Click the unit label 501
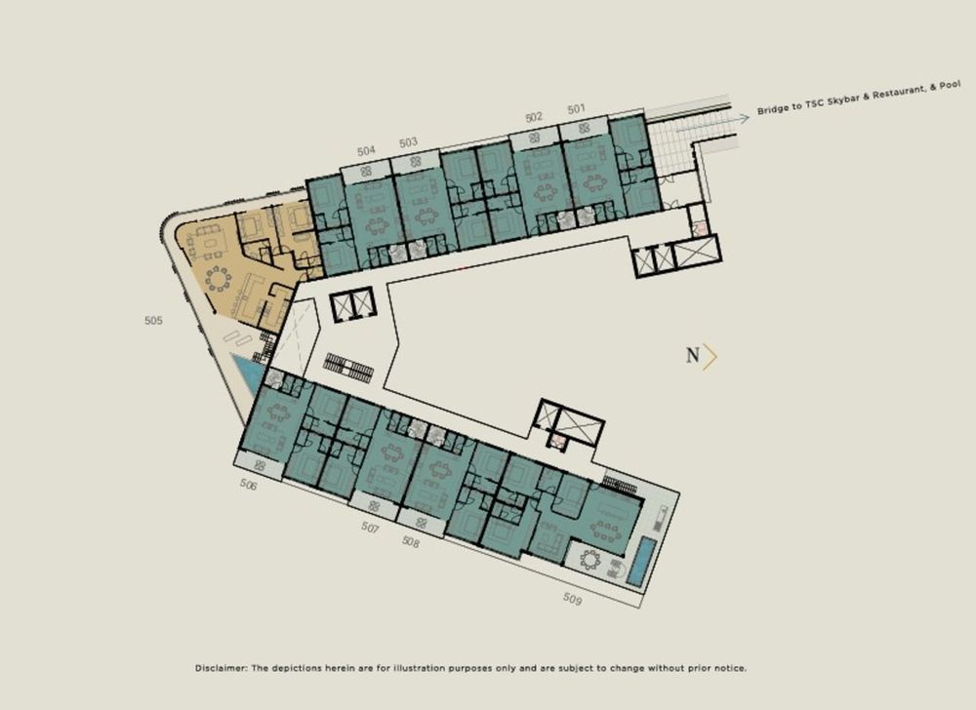[577, 109]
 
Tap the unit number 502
[534, 117]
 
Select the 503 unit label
[408, 142]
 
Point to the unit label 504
[366, 151]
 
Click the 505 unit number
[153, 321]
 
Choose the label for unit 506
[248, 485]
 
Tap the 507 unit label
[370, 528]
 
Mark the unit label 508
[411, 542]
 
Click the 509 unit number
[573, 599]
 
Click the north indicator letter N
[693, 356]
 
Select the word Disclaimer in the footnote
[222, 668]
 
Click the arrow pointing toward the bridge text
[712, 123]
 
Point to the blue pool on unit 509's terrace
[642, 562]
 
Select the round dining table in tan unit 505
[218, 279]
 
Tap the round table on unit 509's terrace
[590, 561]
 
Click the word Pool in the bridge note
[950, 85]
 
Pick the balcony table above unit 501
[584, 129]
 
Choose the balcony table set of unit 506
[261, 465]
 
